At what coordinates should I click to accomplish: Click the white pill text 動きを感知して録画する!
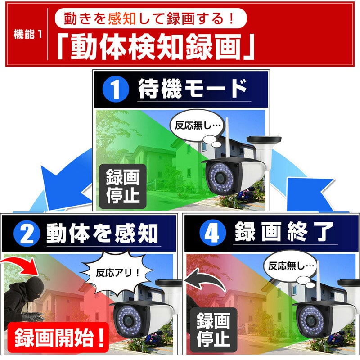151,18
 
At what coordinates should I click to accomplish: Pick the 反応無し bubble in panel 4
291,266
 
